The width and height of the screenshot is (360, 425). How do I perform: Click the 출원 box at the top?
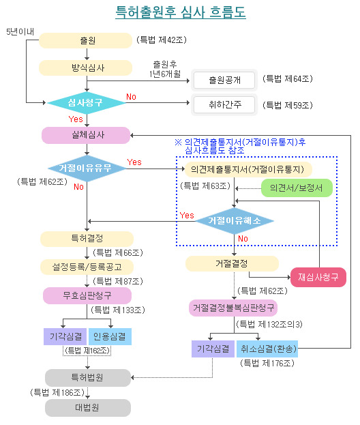pyautogui.click(x=86, y=41)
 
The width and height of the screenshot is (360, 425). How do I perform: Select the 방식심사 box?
pyautogui.click(x=86, y=68)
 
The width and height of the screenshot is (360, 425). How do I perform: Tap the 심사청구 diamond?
pyautogui.click(x=86, y=103)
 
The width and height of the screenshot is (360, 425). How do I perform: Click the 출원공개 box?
pyautogui.click(x=224, y=80)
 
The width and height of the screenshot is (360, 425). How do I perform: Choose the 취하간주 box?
pyautogui.click(x=224, y=104)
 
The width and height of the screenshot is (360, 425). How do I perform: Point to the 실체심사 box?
pyautogui.click(x=86, y=135)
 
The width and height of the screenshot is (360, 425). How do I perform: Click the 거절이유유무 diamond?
pyautogui.click(x=87, y=168)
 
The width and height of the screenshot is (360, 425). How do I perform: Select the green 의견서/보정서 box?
pyautogui.click(x=297, y=188)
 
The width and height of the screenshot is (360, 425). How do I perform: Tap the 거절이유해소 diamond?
pyautogui.click(x=235, y=221)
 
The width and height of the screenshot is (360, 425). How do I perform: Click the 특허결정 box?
pyautogui.click(x=87, y=239)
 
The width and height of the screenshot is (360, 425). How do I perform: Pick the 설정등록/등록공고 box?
pyautogui.click(x=87, y=267)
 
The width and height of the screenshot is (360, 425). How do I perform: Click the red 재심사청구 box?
pyautogui.click(x=318, y=277)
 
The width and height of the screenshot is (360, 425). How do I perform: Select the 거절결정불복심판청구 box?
pyautogui.click(x=233, y=308)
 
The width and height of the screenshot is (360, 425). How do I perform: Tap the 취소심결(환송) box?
pyautogui.click(x=267, y=349)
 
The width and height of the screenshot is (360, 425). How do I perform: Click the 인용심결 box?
pyautogui.click(x=110, y=336)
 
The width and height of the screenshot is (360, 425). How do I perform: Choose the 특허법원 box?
pyautogui.click(x=88, y=377)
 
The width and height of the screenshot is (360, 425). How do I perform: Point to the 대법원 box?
pyautogui.click(x=88, y=408)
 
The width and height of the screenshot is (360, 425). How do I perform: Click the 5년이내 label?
pyautogui.click(x=20, y=31)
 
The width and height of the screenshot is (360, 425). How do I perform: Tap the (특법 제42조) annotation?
pyautogui.click(x=162, y=40)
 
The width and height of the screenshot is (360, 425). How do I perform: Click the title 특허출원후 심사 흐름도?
pyautogui.click(x=181, y=12)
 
